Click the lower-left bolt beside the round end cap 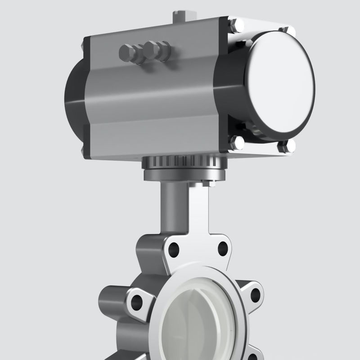coord(236,143)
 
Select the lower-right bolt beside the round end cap coord(286,145)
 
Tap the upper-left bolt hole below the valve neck coord(174,248)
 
